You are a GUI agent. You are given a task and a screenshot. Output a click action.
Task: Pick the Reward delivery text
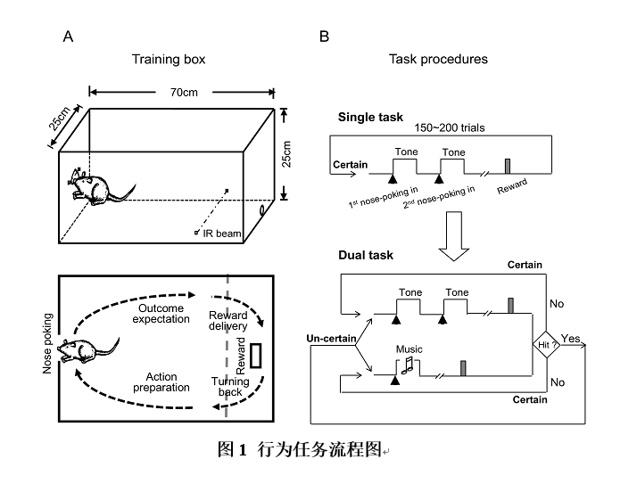pos(228,321)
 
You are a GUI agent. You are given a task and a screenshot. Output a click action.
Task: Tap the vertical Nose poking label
pos(48,343)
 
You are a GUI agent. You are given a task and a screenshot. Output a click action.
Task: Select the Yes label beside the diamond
pos(571,339)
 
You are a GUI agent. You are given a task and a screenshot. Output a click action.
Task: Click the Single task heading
pos(370,118)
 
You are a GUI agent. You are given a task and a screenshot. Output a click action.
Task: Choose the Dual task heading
pos(366,256)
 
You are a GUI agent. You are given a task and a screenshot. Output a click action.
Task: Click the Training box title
pos(169,60)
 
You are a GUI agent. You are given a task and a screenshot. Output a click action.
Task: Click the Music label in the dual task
pos(409,349)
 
